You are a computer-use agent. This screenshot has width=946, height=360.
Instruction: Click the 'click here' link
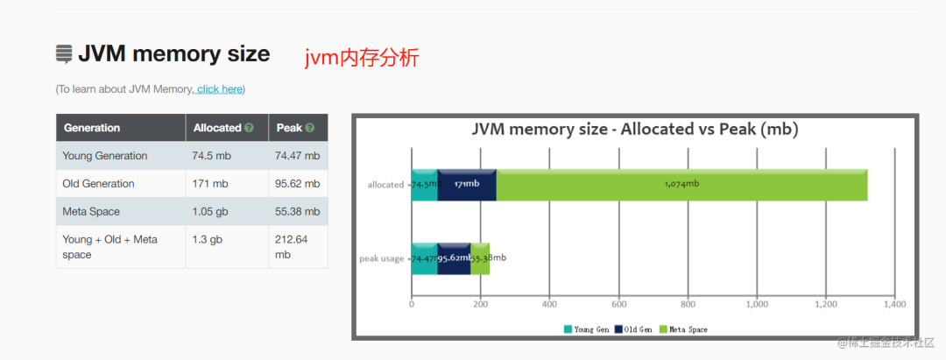point(219,89)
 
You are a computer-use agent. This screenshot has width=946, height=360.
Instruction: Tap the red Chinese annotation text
point(362,59)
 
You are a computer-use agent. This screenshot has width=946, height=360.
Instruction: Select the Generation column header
point(92,128)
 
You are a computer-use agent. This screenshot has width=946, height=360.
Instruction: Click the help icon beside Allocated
point(250,128)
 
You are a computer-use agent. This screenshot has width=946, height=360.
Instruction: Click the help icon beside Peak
point(309,128)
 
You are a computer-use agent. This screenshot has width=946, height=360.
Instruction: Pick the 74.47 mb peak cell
point(298,156)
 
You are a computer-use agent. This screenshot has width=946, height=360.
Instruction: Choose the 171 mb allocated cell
point(210,184)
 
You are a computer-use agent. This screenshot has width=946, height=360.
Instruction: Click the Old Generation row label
point(98,184)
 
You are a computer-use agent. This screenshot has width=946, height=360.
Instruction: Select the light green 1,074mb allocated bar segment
point(681,184)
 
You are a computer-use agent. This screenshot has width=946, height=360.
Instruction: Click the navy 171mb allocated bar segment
point(467,184)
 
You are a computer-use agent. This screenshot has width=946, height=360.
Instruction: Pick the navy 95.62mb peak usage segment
point(454,258)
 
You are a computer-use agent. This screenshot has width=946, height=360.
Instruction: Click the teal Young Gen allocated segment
point(424,184)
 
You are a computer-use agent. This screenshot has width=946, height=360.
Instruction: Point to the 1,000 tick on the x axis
point(756,305)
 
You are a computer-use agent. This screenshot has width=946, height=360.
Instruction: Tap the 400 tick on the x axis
point(549,305)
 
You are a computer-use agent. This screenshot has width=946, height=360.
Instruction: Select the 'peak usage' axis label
point(382,258)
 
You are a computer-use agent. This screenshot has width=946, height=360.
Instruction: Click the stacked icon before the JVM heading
point(64,54)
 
